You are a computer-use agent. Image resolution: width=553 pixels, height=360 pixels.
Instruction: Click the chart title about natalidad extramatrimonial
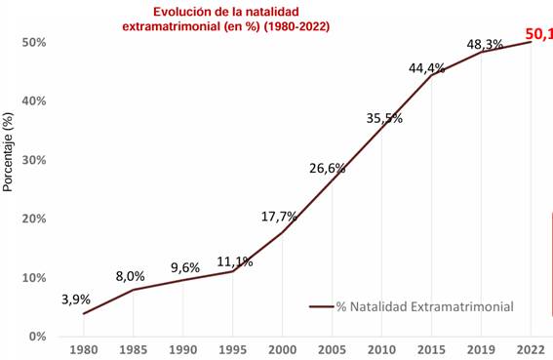225,19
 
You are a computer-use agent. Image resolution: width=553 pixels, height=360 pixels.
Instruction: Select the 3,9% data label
77,299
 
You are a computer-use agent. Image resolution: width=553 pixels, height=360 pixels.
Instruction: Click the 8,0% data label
130,275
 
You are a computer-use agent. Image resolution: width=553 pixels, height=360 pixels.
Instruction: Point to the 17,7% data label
279,216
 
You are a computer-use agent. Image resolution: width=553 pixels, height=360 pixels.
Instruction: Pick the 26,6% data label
328,168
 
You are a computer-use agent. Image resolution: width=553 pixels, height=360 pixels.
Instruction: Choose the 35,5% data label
384,118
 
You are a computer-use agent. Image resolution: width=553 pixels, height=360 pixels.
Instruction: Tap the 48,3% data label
485,44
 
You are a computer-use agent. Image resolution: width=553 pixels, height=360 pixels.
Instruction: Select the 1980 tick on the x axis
84,350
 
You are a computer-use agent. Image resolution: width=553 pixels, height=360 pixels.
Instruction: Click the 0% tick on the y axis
37,336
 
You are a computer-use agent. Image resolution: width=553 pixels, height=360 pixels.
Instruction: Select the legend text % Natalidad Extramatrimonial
424,306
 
